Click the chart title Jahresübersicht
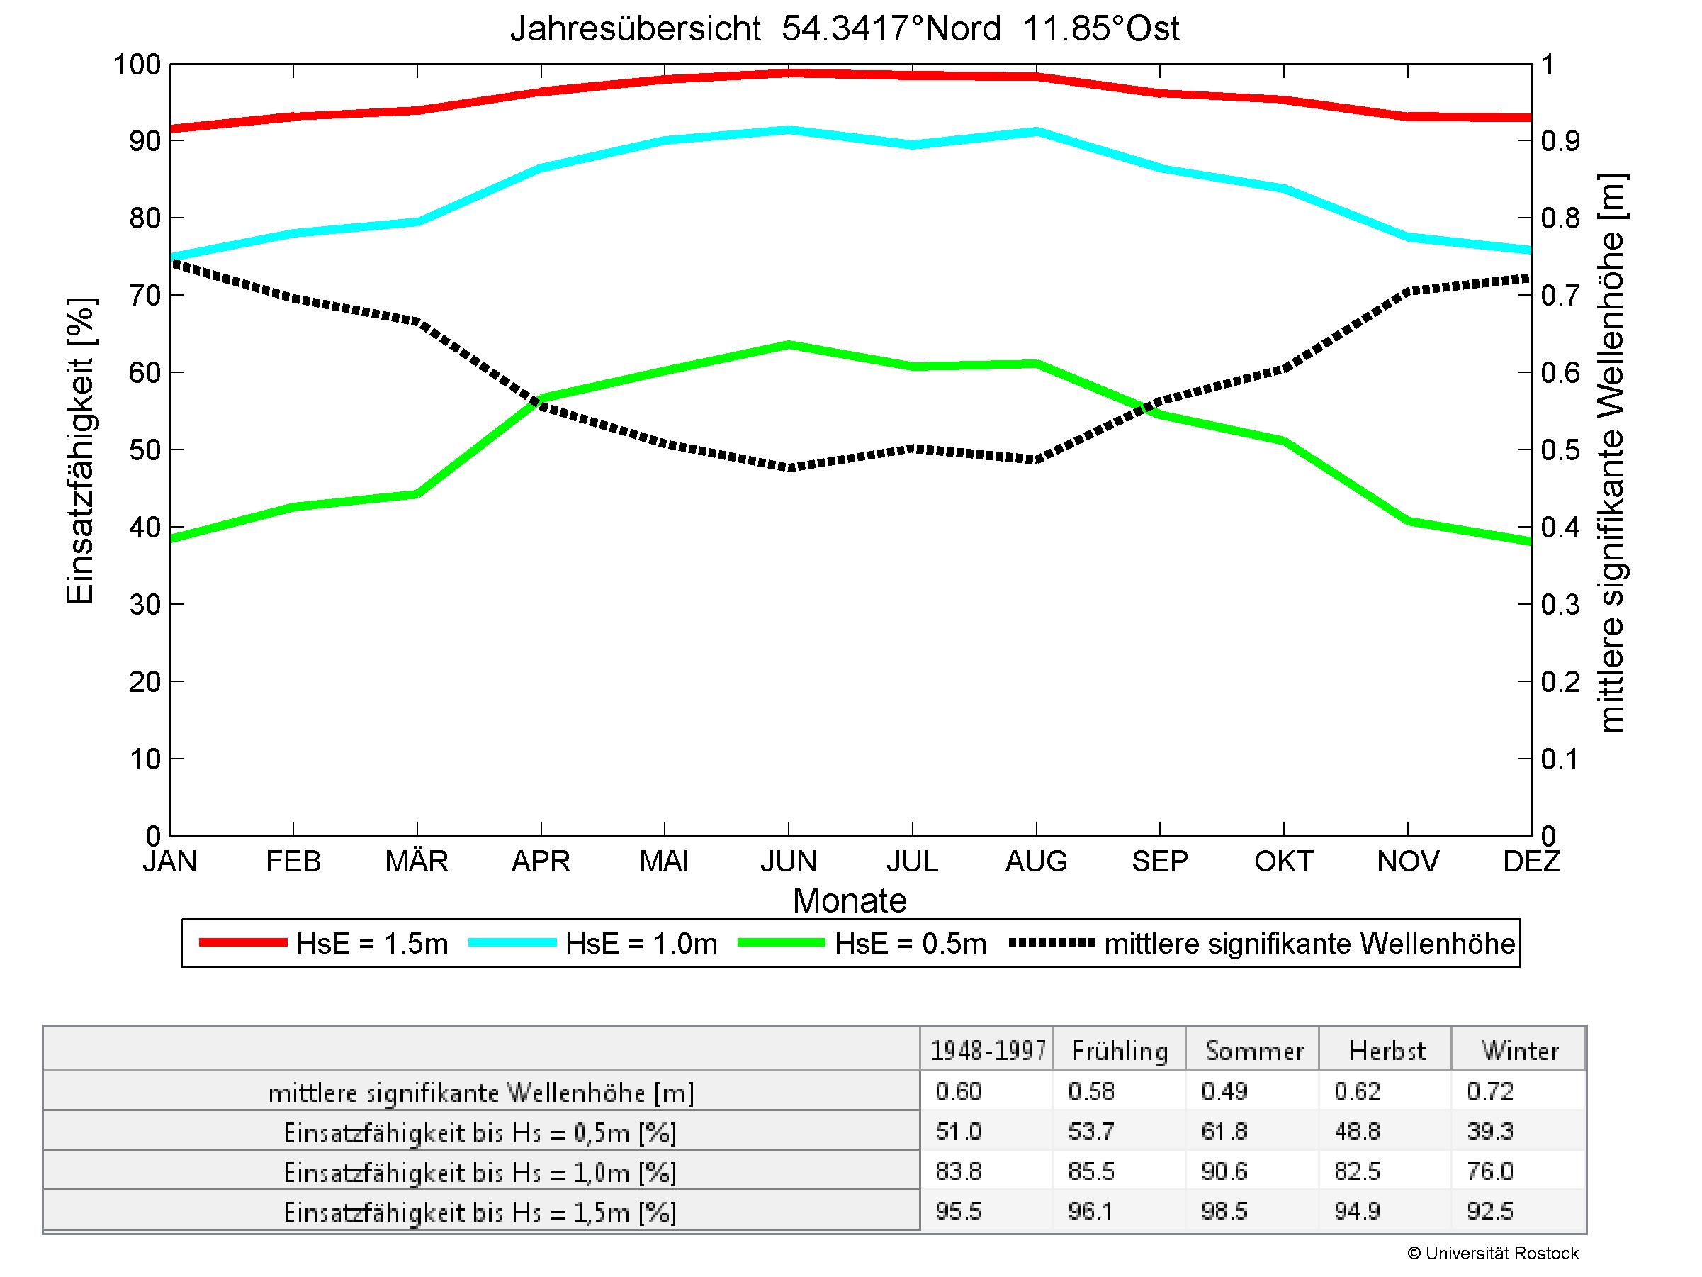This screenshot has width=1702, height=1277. point(844,29)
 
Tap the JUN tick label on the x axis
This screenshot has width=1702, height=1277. point(788,861)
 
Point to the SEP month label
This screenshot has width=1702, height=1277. point(1159,861)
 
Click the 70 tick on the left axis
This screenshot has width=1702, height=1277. point(144,296)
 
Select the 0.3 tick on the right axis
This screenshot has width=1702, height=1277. point(1560,605)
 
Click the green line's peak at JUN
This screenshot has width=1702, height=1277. point(789,345)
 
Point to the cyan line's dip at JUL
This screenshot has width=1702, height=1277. point(913,145)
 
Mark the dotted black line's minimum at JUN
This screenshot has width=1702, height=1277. point(789,467)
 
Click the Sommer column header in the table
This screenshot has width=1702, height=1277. point(1254,1051)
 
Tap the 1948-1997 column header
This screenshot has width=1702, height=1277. point(988,1051)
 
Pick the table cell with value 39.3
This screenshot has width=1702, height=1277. point(1490,1132)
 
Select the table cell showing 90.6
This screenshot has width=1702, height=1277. point(1224,1171)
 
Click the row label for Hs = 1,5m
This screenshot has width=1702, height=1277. point(480,1212)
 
